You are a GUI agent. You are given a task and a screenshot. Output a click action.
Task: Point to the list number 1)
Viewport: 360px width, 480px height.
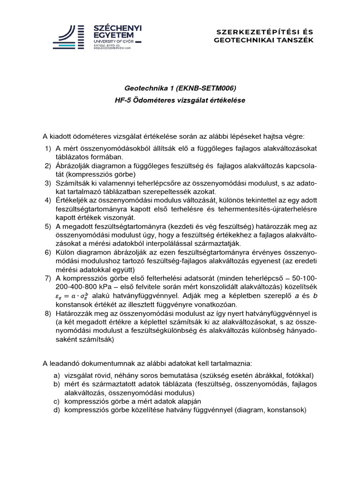tap(48, 149)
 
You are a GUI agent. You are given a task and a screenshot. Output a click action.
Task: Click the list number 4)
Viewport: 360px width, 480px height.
tap(48, 201)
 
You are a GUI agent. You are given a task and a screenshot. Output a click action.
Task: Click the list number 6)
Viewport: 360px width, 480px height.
tap(48, 254)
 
